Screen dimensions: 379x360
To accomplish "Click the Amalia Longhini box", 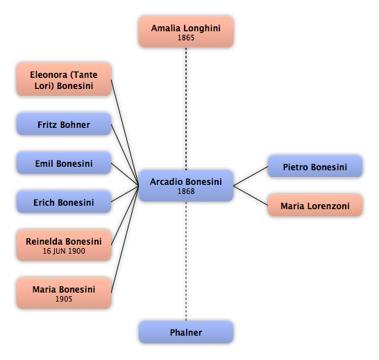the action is point(186,32).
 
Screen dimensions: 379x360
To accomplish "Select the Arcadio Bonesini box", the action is point(186,186).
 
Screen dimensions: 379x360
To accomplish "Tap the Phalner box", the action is point(186,332).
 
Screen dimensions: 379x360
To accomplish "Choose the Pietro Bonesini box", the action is point(315,167).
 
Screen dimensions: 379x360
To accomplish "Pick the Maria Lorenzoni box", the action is point(315,206).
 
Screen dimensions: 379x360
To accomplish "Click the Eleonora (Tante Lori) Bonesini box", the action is point(64,80).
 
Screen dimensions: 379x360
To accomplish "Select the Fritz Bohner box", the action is point(64,124).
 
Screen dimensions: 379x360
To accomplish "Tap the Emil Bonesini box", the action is point(64,163).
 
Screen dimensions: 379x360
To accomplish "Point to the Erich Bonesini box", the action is point(64,202).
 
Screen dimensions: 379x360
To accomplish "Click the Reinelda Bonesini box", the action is point(64,245).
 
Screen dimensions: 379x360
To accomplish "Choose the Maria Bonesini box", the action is point(64,293).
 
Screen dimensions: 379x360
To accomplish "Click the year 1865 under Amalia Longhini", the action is point(186,38).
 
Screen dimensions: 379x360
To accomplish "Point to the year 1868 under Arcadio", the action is point(186,191).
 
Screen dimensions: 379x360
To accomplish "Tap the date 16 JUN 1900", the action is point(64,251).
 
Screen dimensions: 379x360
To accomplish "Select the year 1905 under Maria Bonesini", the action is point(64,299).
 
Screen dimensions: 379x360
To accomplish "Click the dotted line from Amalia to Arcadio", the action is point(186,109).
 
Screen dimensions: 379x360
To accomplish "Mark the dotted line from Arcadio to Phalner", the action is point(186,261).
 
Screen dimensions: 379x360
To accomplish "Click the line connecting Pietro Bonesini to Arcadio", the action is point(251,176).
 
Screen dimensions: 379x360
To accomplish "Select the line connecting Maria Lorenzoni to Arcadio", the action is point(251,195).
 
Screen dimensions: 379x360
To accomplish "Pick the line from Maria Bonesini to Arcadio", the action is point(125,240).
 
